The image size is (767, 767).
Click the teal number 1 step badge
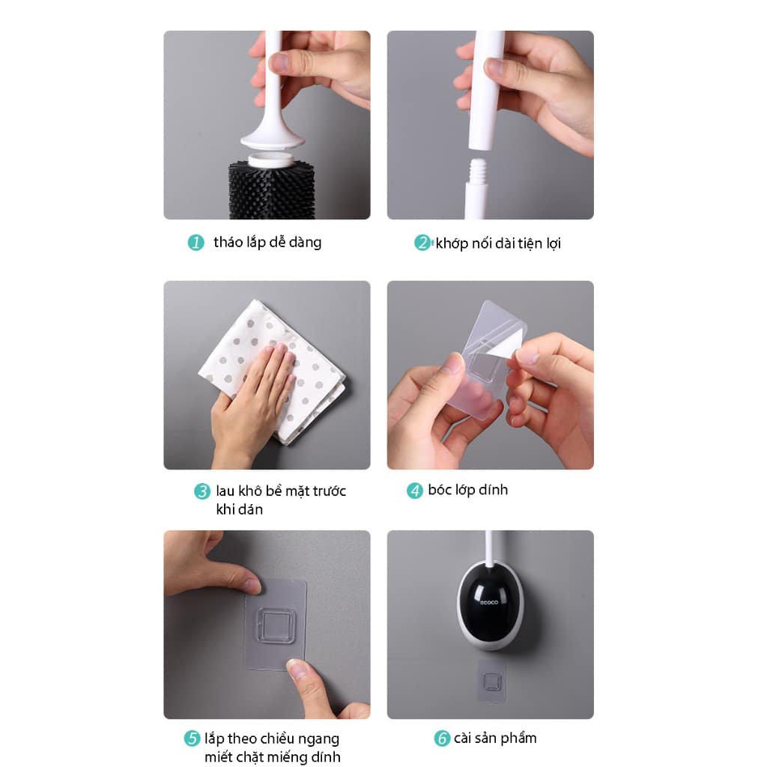coord(196,242)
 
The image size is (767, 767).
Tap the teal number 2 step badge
coord(422,242)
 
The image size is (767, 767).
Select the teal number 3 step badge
coord(202,491)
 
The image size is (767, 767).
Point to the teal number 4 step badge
coord(415,491)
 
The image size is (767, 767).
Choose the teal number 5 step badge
coord(192,738)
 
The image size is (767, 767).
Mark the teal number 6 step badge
coord(442,738)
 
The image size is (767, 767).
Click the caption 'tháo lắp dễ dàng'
coord(267,242)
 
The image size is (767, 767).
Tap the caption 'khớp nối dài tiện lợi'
coord(498,243)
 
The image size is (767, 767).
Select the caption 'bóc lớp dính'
coord(467,490)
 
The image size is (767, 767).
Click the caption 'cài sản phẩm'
coord(495,738)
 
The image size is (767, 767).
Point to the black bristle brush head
coord(271,191)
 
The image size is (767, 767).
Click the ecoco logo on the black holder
coord(488,601)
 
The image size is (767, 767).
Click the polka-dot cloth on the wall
coord(273,371)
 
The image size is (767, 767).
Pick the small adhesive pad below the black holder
coord(491,681)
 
